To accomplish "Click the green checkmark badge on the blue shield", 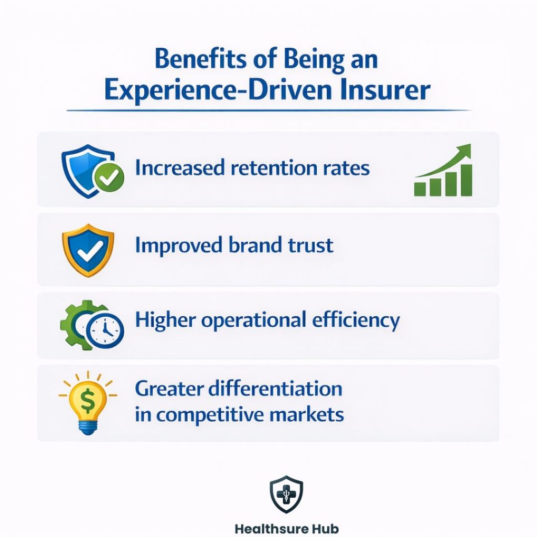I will [110, 179].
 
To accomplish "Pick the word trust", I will [309, 245].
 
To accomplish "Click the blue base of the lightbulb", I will [88, 427].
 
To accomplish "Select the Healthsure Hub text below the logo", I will [286, 528].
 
